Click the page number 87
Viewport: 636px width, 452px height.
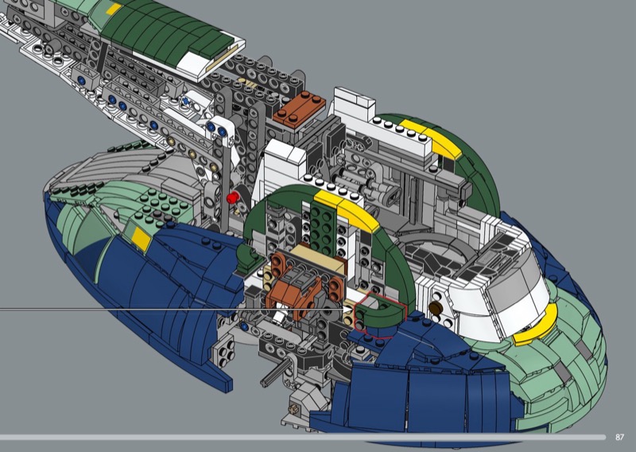pos(619,437)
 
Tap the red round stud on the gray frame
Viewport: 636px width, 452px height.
pos(232,198)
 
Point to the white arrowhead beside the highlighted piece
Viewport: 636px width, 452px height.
pos(348,310)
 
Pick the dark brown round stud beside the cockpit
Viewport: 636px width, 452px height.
pos(435,308)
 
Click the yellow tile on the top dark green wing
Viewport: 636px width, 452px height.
pos(114,10)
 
